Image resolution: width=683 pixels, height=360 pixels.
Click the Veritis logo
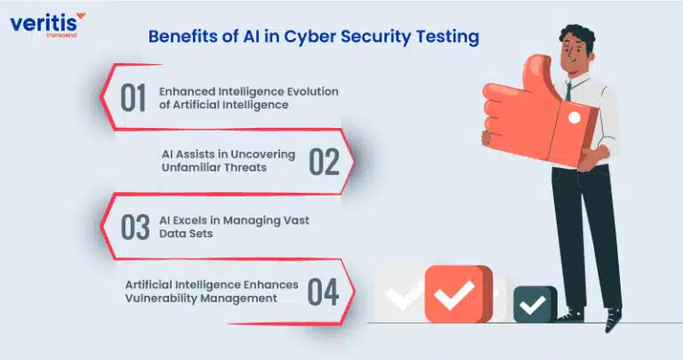point(48,24)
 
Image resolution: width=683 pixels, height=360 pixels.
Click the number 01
point(133,98)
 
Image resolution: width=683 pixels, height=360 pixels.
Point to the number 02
point(324,162)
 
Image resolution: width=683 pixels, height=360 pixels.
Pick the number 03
point(135,227)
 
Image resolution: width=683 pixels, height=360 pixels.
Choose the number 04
point(323,292)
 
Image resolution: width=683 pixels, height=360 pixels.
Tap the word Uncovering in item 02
point(262,155)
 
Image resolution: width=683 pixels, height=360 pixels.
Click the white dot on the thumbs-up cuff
point(575,117)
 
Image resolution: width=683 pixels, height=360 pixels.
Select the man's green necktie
point(568,91)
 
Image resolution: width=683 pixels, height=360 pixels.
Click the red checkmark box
point(458,294)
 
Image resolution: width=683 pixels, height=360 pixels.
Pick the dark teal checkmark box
point(535,304)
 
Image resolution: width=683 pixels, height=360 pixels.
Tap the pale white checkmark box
point(399,293)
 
